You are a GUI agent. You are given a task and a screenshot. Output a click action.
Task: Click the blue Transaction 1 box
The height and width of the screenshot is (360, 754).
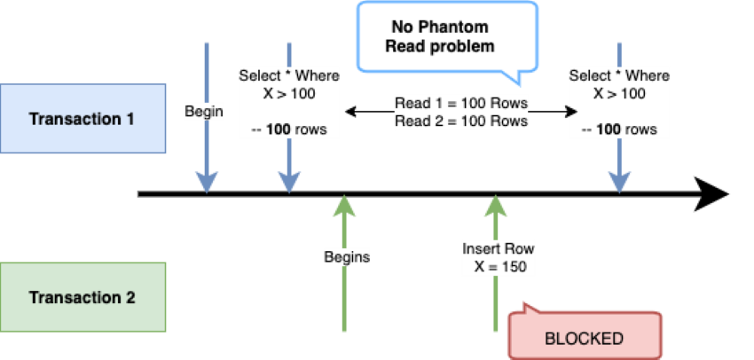(82, 118)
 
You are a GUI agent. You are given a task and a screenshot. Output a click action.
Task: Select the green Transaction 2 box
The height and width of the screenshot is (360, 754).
(82, 297)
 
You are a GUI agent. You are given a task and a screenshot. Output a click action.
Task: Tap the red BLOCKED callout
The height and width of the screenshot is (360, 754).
(585, 334)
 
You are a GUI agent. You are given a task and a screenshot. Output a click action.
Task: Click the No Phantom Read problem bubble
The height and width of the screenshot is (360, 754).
(447, 36)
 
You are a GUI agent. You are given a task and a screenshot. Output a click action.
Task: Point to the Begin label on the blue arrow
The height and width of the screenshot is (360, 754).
(204, 112)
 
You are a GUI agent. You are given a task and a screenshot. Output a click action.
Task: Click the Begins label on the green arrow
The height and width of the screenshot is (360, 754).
(347, 257)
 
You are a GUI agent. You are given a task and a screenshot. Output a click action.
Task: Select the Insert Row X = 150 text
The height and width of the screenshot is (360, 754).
(499, 257)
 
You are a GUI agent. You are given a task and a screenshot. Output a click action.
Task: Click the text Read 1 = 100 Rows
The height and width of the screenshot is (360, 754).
(461, 104)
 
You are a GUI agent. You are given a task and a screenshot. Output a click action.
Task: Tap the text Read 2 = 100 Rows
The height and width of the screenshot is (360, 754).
(461, 121)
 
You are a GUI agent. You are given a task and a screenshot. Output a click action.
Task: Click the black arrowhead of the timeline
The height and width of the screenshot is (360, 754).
(711, 194)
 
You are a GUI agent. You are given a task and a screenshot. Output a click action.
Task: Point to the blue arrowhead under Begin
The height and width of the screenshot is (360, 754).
(207, 182)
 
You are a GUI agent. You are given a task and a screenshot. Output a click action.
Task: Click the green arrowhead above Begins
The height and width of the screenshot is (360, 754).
(344, 206)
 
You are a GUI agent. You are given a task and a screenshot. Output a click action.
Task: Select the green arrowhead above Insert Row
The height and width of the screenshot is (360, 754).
(496, 206)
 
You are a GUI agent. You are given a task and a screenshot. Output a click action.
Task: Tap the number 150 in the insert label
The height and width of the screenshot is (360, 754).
(513, 266)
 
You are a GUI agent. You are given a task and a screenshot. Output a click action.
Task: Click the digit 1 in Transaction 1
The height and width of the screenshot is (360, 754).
(130, 118)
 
